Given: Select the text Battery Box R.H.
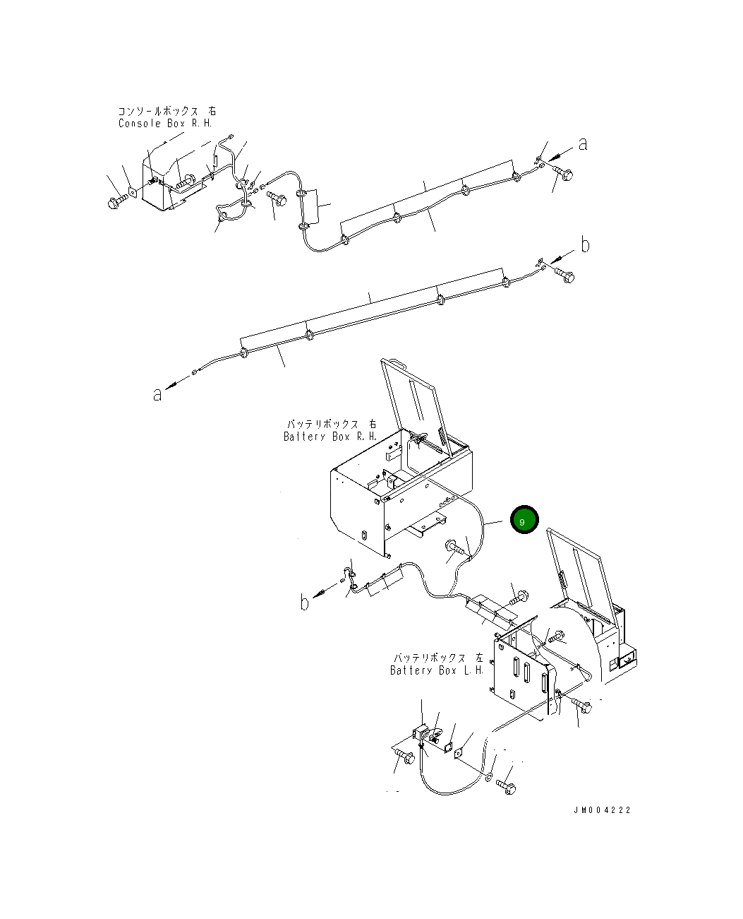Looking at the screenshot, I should point(330,437).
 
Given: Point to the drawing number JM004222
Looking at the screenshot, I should point(601,810).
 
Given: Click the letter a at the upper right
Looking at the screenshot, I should point(583,144).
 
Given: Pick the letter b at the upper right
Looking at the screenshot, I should point(585,245).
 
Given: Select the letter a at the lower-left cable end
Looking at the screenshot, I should point(157,394).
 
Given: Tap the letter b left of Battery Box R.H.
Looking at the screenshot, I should point(305,603).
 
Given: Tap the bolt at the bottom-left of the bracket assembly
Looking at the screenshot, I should point(404,757).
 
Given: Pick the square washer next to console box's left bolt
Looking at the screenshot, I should point(133,191).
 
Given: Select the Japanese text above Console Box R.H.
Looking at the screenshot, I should point(167,112).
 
